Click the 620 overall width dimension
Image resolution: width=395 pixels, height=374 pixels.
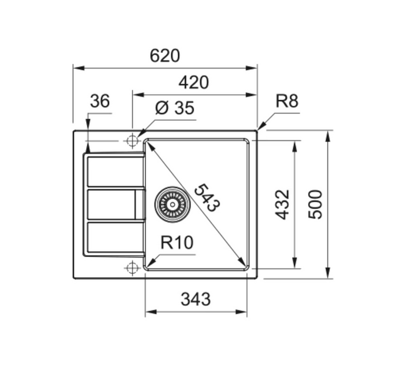point(165,56)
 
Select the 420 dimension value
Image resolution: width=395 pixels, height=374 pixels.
point(193,82)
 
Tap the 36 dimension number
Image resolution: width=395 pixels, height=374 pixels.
point(100,101)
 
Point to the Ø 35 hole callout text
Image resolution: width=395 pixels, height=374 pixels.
point(175,108)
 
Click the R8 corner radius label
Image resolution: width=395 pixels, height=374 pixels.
point(287,101)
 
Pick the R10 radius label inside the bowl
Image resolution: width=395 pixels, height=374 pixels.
point(177,242)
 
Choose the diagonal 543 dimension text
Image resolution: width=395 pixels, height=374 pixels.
point(207,198)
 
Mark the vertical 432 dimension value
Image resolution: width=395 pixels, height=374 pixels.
point(282,204)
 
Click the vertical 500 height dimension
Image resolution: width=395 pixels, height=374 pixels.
point(315,204)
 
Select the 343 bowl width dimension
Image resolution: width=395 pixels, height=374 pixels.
point(195,299)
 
